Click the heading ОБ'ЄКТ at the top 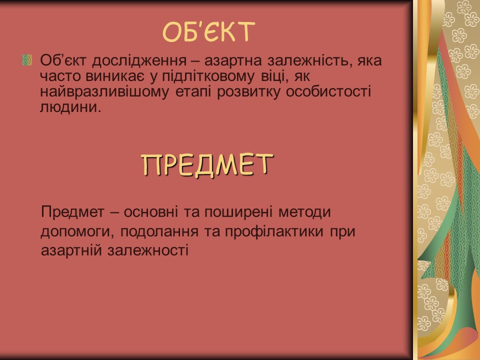tap(209, 32)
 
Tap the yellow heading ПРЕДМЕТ tap(207, 164)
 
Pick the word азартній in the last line tap(71, 250)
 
